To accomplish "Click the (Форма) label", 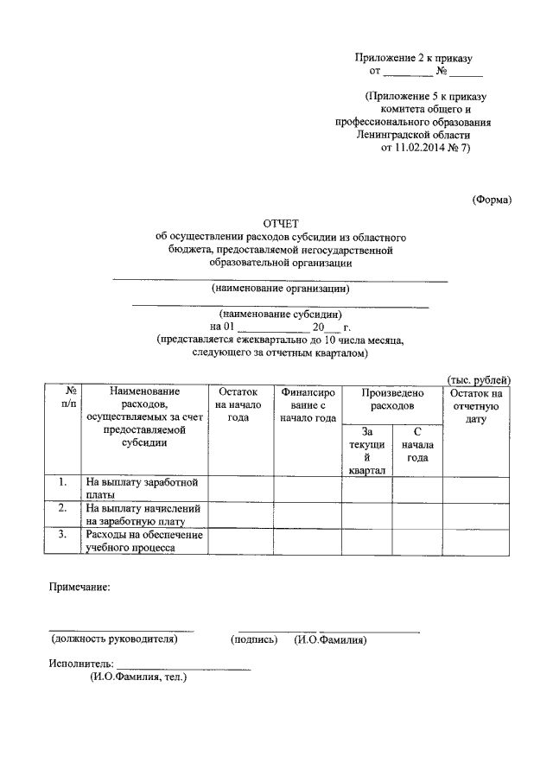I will [x=492, y=200].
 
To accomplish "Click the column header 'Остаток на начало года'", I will [x=238, y=404].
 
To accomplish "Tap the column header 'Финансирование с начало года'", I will [x=308, y=404].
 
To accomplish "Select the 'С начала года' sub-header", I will [x=417, y=444].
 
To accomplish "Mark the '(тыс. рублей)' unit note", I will [x=480, y=380].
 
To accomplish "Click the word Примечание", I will [x=79, y=588].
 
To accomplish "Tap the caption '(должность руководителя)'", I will [x=114, y=640].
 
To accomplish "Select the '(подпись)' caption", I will [x=254, y=640].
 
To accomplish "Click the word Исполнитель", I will [x=81, y=664].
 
